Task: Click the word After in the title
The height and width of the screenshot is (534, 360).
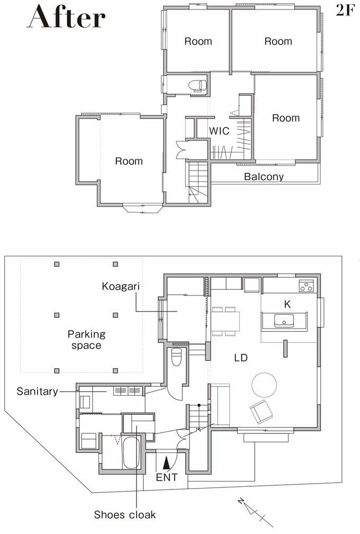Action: point(66,17)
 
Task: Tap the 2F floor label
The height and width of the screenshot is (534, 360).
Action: point(345,11)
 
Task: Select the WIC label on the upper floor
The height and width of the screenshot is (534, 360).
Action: point(219,131)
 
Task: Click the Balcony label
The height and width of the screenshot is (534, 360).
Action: point(264,177)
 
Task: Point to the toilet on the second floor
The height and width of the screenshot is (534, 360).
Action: point(197,85)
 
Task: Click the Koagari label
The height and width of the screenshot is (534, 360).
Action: point(121,287)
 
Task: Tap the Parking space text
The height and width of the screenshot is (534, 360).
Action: point(86,340)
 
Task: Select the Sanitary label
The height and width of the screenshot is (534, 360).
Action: point(38,391)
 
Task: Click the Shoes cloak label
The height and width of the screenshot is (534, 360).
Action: point(125,514)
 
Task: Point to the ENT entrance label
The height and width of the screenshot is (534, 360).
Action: point(167,477)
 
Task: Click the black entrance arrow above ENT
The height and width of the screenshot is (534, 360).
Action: point(166,464)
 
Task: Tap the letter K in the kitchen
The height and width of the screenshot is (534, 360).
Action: point(287,304)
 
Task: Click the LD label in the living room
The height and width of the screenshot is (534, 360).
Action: point(240,358)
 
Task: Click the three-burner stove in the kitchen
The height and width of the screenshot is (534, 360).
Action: point(306,286)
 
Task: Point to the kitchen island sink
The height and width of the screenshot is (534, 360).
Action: point(284,321)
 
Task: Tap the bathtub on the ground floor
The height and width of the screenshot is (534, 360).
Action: point(131,452)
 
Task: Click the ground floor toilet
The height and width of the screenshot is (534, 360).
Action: point(176,357)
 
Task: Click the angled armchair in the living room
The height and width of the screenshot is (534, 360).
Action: point(261,412)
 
